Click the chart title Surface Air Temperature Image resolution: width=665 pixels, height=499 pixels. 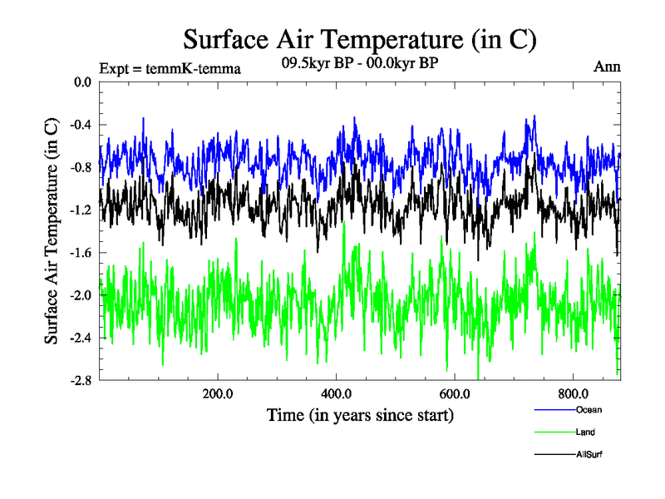click(x=360, y=39)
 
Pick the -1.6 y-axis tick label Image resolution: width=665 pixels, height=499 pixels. click(x=81, y=253)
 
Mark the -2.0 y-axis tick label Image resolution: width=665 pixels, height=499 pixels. click(x=81, y=295)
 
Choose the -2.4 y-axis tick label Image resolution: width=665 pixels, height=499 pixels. click(x=81, y=338)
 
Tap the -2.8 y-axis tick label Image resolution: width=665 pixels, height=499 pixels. click(x=81, y=380)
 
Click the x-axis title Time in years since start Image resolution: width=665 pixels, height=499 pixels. click(x=360, y=414)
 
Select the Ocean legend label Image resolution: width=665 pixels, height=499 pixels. click(x=589, y=410)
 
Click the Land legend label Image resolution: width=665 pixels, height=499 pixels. click(x=585, y=432)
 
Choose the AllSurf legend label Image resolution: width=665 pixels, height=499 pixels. click(x=589, y=455)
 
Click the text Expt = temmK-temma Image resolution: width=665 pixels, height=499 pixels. click(x=170, y=69)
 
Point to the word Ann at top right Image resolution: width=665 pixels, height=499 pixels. click(x=607, y=67)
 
